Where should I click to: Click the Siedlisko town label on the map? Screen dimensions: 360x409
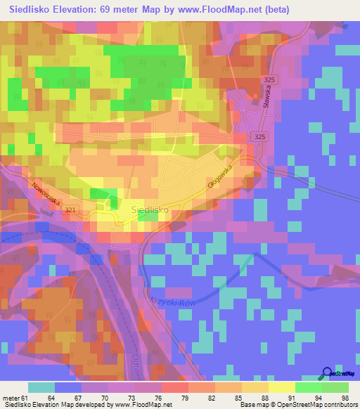(149, 209)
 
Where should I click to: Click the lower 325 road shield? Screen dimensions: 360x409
(259, 136)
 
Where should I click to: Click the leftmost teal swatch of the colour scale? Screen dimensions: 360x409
(41, 387)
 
